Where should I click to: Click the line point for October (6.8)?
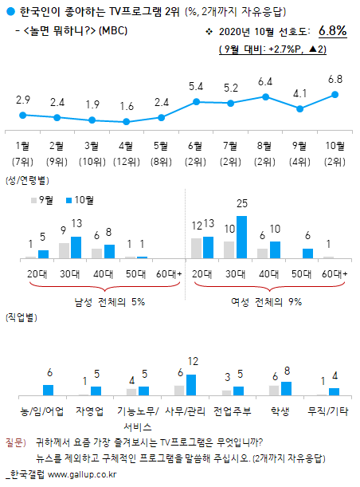(x=335, y=94)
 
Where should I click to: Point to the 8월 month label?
(x=266, y=145)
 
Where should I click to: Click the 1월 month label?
(x=23, y=145)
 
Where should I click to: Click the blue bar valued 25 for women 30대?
(x=242, y=237)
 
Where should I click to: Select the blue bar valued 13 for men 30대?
(x=76, y=247)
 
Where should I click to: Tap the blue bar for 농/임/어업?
(x=49, y=390)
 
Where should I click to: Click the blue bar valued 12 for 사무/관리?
(x=191, y=385)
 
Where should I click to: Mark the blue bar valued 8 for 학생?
(x=286, y=388)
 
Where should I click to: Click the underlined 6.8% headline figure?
(x=331, y=31)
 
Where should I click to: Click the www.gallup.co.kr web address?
(x=83, y=475)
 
